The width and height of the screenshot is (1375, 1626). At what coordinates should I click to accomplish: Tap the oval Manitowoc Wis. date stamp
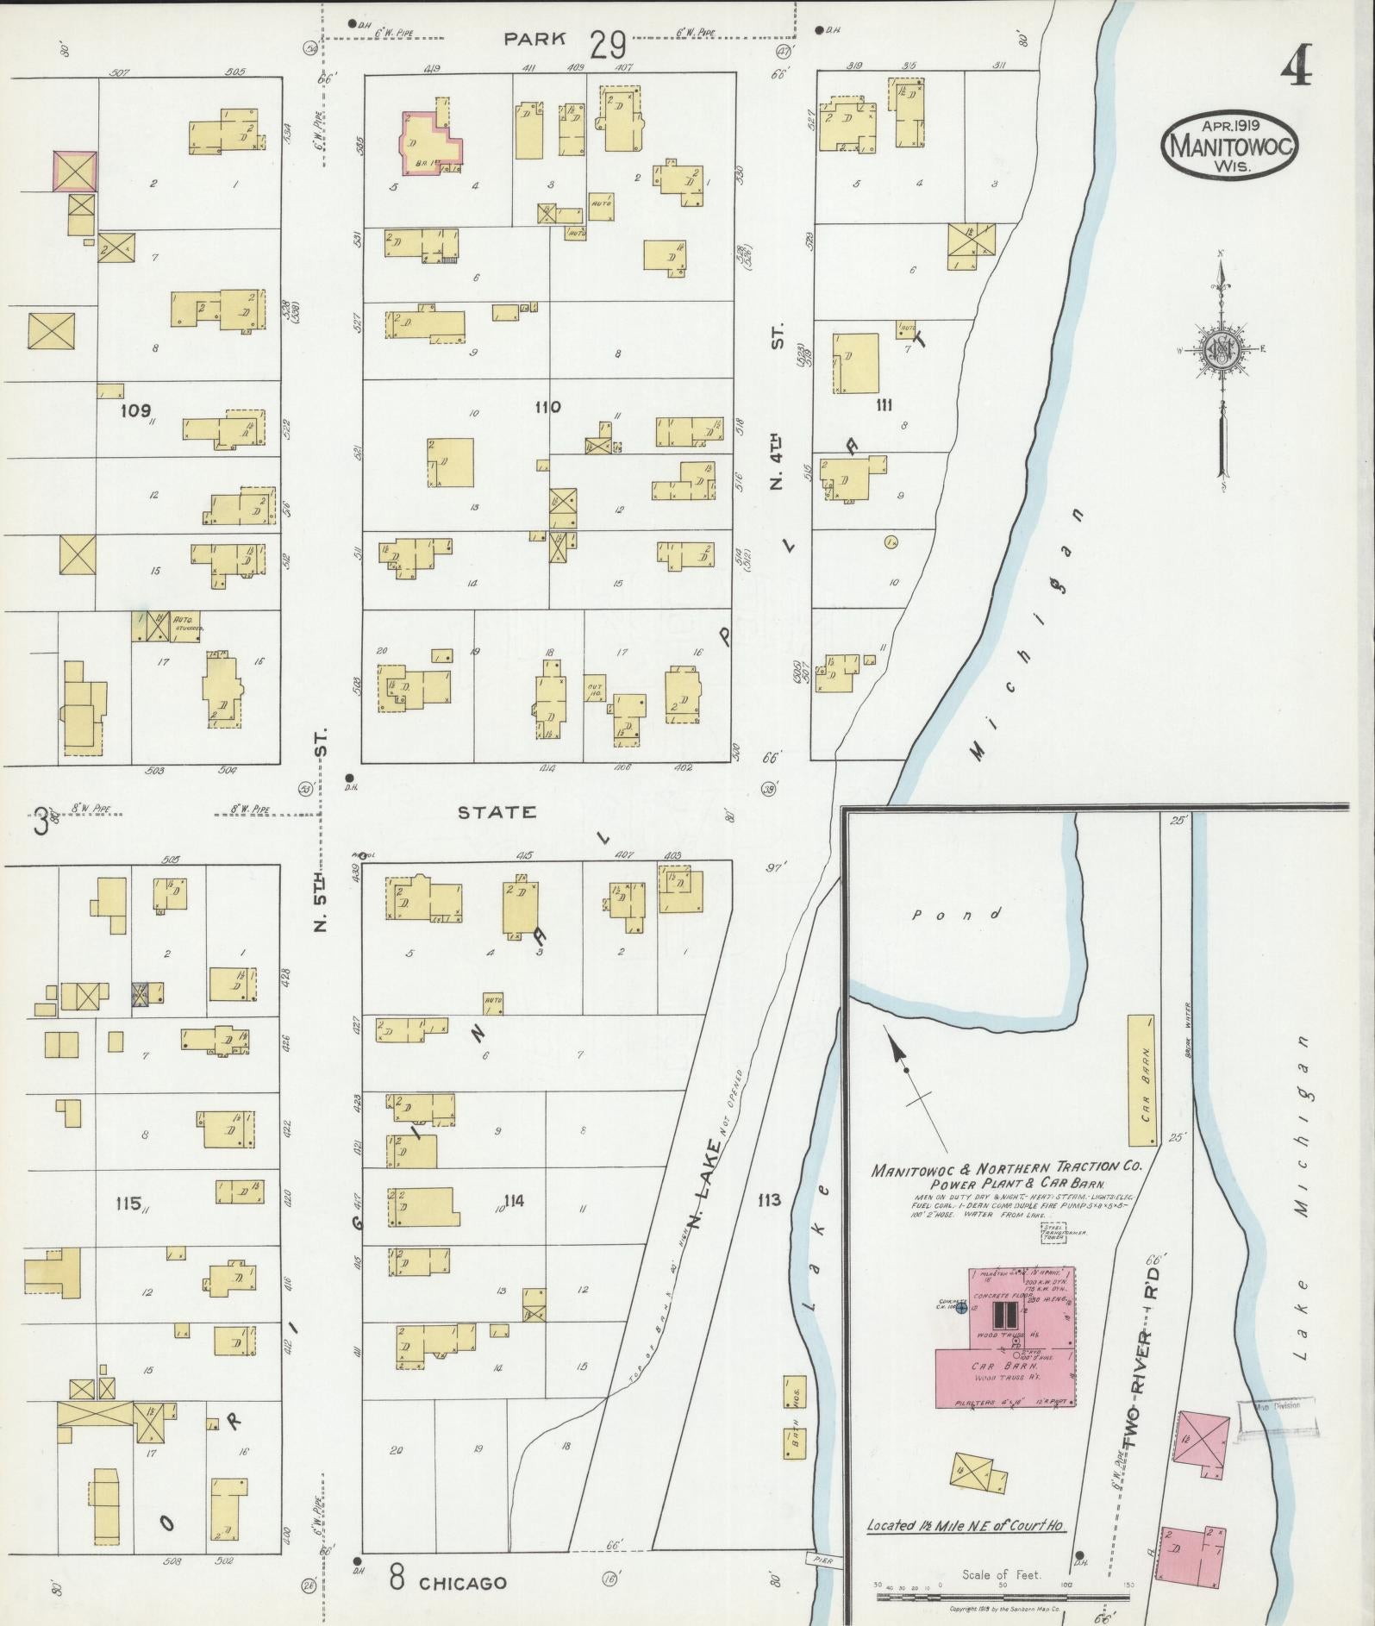tap(1230, 146)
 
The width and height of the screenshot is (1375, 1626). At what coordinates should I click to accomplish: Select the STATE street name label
tap(496, 812)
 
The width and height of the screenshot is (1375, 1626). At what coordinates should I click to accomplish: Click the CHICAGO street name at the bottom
tap(462, 1583)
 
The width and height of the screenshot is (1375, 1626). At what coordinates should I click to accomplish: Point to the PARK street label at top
tap(535, 38)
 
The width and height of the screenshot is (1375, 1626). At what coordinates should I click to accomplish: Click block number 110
tap(547, 407)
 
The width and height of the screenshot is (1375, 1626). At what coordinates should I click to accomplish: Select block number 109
tap(136, 410)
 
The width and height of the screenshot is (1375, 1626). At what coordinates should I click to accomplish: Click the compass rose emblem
tap(1222, 348)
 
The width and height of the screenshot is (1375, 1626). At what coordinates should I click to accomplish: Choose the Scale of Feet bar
tap(1003, 1596)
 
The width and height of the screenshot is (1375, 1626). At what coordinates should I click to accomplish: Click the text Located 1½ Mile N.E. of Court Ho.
tap(966, 1524)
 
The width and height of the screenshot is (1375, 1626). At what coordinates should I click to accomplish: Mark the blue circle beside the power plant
tap(961, 1308)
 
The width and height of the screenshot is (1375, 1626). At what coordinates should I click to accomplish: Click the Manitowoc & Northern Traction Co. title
tap(1006, 1169)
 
